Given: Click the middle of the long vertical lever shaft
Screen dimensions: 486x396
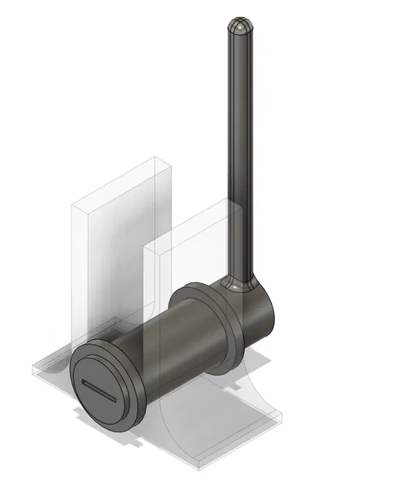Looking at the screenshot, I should click(x=241, y=156).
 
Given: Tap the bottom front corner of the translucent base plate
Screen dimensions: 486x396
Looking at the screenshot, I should click(x=199, y=470).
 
